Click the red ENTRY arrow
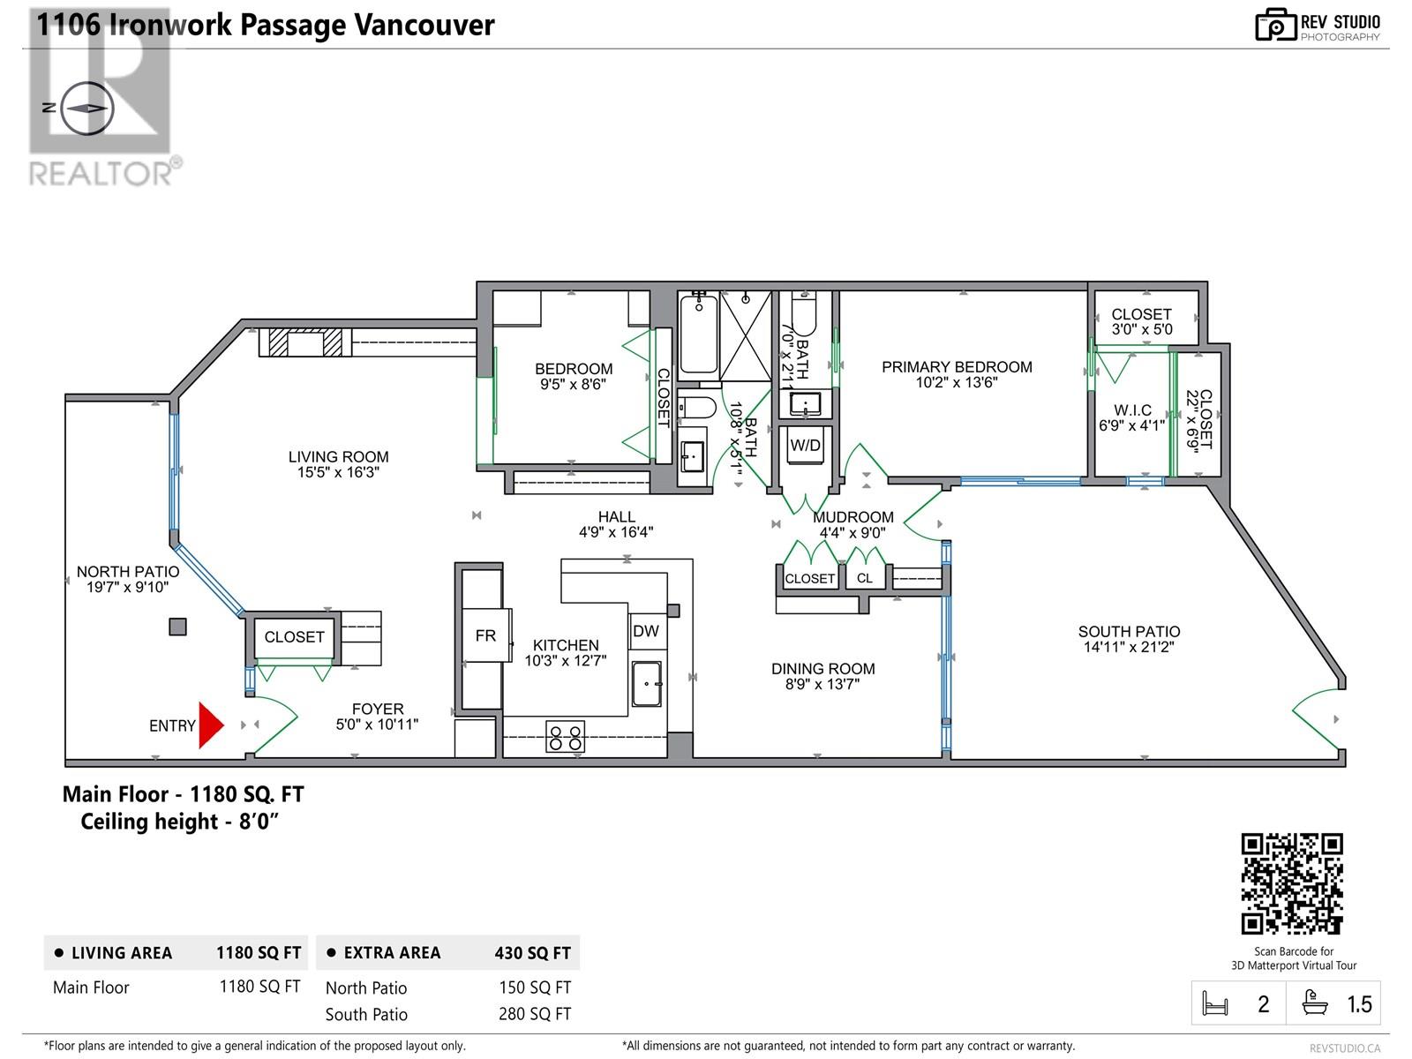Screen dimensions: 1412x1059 pyautogui.click(x=210, y=725)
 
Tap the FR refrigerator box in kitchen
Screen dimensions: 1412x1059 pyautogui.click(x=486, y=635)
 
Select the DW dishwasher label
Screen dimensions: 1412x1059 pyautogui.click(x=646, y=631)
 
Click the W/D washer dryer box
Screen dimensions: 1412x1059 pyautogui.click(x=806, y=445)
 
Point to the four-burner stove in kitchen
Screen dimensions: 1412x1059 pyautogui.click(x=566, y=736)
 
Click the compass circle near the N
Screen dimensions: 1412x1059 pyautogui.click(x=87, y=109)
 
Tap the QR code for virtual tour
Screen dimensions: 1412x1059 pyautogui.click(x=1292, y=883)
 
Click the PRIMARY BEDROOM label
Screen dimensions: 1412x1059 pyautogui.click(x=957, y=367)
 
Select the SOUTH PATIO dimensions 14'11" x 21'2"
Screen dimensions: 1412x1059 pyautogui.click(x=1129, y=648)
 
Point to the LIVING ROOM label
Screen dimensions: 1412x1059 pyautogui.click(x=338, y=456)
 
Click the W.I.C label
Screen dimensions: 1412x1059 pyautogui.click(x=1133, y=410)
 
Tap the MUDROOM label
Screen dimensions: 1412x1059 pyautogui.click(x=853, y=517)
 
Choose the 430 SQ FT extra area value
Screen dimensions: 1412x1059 pyautogui.click(x=533, y=953)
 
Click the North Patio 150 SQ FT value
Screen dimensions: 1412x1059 pyautogui.click(x=535, y=987)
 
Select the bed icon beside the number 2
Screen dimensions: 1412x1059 pyautogui.click(x=1215, y=1003)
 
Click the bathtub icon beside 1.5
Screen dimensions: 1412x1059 pyautogui.click(x=1315, y=1003)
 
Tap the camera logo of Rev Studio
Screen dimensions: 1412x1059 pyautogui.click(x=1275, y=25)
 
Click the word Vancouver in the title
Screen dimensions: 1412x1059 pyautogui.click(x=424, y=25)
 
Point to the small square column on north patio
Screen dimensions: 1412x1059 pyautogui.click(x=177, y=627)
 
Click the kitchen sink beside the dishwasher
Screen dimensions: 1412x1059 pyautogui.click(x=647, y=683)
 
